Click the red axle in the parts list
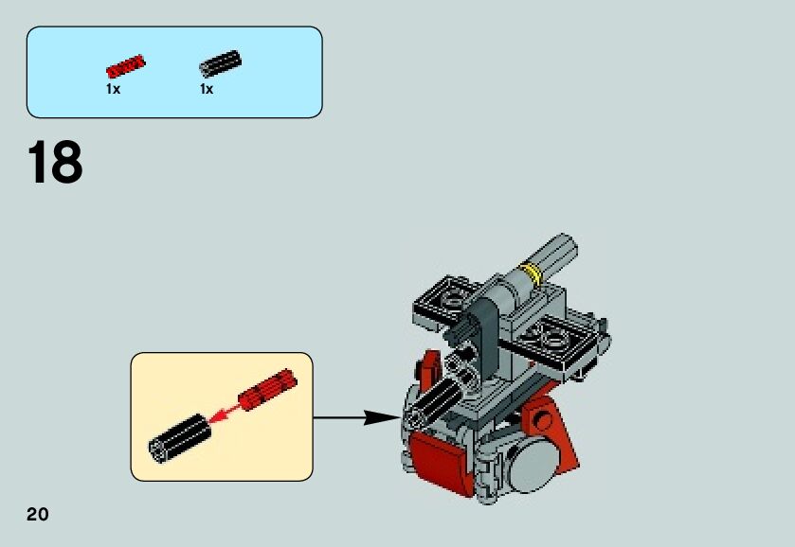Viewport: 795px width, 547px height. click(125, 66)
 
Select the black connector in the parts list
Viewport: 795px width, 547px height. click(219, 63)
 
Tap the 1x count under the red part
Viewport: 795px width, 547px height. click(113, 89)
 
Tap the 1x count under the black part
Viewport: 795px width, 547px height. click(206, 89)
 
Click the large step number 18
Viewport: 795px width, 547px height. click(55, 164)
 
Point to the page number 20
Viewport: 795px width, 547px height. click(37, 515)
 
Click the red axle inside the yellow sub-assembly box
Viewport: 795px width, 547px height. click(268, 389)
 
